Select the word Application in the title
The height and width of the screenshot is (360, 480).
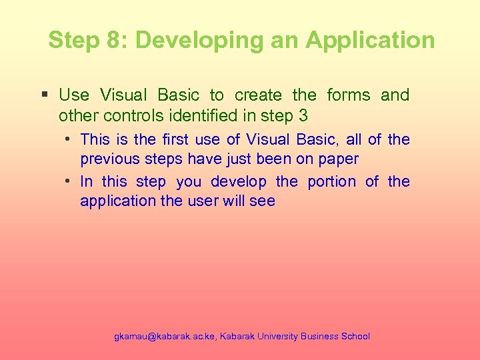point(370,40)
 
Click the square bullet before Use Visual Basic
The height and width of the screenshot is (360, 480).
point(45,95)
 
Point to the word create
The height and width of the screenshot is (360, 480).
point(258,95)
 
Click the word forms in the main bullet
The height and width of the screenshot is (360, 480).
point(348,95)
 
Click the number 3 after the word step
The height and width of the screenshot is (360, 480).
point(303,116)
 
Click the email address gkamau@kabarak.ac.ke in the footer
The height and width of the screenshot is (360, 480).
point(163,337)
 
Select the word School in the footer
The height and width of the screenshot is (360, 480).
point(355,337)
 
